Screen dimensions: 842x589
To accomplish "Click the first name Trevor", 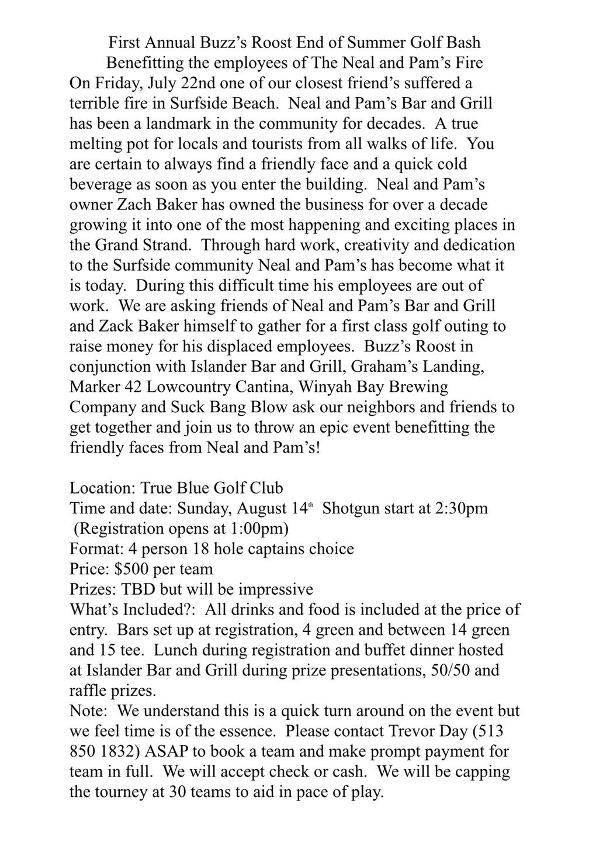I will point(411,731).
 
